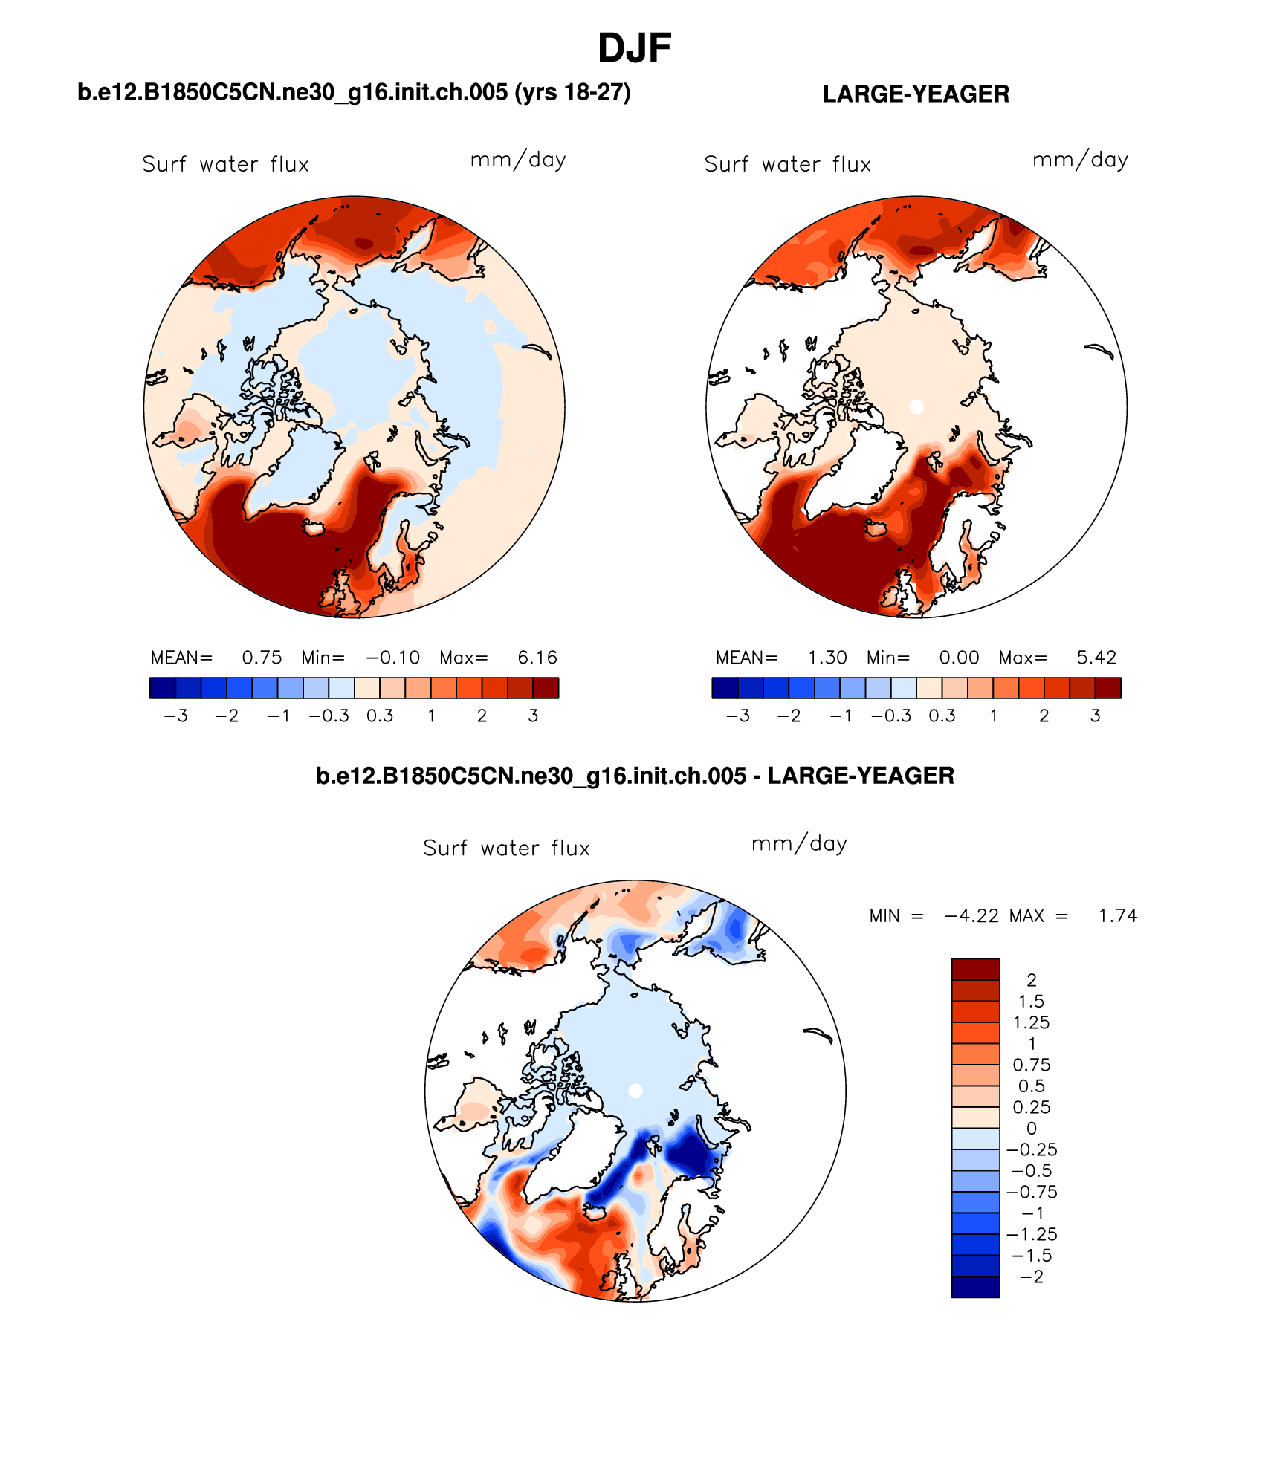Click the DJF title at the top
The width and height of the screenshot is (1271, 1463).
pyautogui.click(x=634, y=49)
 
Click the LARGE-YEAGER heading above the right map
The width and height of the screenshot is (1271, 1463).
pyautogui.click(x=916, y=94)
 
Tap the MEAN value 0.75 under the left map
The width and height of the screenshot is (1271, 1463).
pyautogui.click(x=262, y=658)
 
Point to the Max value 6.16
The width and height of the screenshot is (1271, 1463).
pyautogui.click(x=537, y=658)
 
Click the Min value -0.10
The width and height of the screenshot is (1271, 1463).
pyautogui.click(x=392, y=658)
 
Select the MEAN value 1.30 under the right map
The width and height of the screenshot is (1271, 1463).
pyautogui.click(x=827, y=658)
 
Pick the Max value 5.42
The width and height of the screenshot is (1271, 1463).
pyautogui.click(x=1096, y=658)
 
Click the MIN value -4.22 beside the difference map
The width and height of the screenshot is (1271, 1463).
pyautogui.click(x=971, y=916)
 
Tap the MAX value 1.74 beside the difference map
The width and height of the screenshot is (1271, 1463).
pyautogui.click(x=1118, y=916)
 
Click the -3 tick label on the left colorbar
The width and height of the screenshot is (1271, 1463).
pyautogui.click(x=175, y=716)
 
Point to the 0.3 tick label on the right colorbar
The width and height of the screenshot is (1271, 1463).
pyautogui.click(x=942, y=716)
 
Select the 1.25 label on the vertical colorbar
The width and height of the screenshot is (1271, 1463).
pyautogui.click(x=1032, y=1023)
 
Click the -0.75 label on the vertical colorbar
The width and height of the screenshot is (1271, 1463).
pyautogui.click(x=1032, y=1193)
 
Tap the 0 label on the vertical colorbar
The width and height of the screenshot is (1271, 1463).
pyautogui.click(x=1032, y=1129)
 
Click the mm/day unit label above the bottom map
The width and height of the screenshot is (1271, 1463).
pyautogui.click(x=799, y=844)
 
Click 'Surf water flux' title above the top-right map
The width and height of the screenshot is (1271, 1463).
pyautogui.click(x=787, y=164)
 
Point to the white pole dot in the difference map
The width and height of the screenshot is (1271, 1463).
pyautogui.click(x=635, y=1091)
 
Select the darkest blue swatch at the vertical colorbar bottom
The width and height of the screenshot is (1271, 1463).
pyautogui.click(x=975, y=1287)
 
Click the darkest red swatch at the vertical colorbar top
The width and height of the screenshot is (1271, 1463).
pyautogui.click(x=975, y=969)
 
